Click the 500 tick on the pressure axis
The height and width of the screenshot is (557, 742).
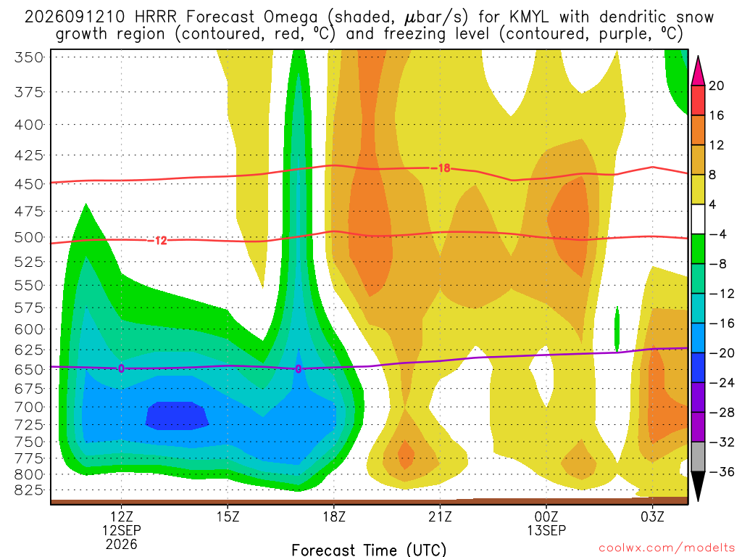pyautogui.click(x=29, y=237)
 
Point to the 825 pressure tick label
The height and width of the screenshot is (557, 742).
pyautogui.click(x=29, y=490)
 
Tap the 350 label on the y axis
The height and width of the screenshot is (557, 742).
pyautogui.click(x=29, y=58)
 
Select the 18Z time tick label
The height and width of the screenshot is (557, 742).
pyautogui.click(x=334, y=516)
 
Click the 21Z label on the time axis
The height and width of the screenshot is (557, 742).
pyautogui.click(x=440, y=516)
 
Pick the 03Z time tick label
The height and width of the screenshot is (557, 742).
pyautogui.click(x=653, y=516)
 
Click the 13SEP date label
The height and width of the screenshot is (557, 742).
pyautogui.click(x=546, y=530)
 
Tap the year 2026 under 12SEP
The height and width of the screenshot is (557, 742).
pyautogui.click(x=122, y=544)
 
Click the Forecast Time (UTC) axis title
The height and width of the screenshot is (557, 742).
pyautogui.click(x=369, y=550)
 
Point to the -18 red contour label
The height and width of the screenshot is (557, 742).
pyautogui.click(x=443, y=168)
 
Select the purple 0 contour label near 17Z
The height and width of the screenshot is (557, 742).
pyautogui.click(x=298, y=369)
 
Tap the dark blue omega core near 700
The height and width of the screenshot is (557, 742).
pyautogui.click(x=177, y=416)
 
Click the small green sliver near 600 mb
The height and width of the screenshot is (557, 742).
pyautogui.click(x=617, y=329)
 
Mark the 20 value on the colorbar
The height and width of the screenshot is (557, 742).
pyautogui.click(x=717, y=86)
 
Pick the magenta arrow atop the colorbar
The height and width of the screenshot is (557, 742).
pyautogui.click(x=698, y=70)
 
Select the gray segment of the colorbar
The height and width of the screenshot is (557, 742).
pyautogui.click(x=698, y=457)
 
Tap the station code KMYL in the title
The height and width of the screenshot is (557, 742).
pyautogui.click(x=529, y=17)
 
